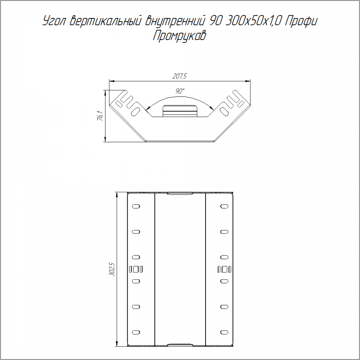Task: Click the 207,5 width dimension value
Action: tap(179, 76)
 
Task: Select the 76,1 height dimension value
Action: tap(100, 116)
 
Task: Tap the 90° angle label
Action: tap(180, 91)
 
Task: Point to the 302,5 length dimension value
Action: tap(112, 269)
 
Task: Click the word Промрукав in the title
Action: tap(179, 36)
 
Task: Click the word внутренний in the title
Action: tap(174, 21)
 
